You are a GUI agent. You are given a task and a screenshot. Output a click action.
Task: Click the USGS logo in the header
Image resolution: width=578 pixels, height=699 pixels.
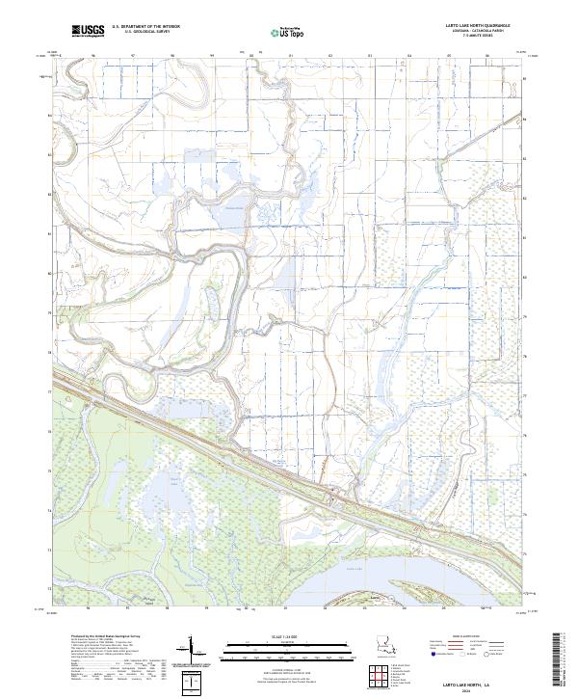pyautogui.click(x=88, y=32)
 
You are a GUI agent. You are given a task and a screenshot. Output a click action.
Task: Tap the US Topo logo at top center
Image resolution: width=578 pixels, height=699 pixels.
pyautogui.click(x=279, y=32)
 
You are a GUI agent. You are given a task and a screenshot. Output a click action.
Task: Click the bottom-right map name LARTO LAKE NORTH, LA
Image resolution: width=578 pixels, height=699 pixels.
pyautogui.click(x=469, y=682)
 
